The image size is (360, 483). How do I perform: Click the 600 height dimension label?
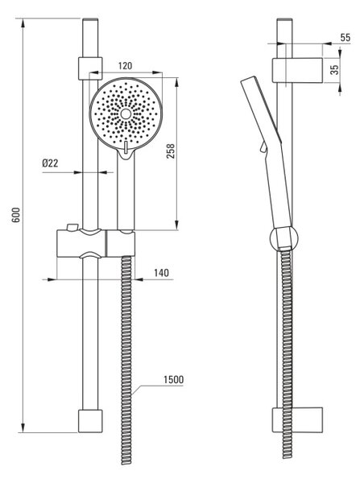(x=16, y=215)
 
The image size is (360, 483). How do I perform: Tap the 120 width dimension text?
(x=125, y=66)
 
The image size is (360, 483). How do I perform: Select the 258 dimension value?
(x=171, y=151)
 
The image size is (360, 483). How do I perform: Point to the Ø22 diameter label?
(x=50, y=163)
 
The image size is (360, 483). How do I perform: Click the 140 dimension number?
(x=162, y=273)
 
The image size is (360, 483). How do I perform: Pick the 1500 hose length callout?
(x=173, y=379)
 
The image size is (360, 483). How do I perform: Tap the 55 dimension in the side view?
(x=346, y=38)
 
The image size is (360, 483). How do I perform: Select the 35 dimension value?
(x=334, y=69)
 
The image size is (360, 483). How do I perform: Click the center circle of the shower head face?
(x=126, y=114)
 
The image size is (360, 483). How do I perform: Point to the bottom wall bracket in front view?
(x=90, y=421)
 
